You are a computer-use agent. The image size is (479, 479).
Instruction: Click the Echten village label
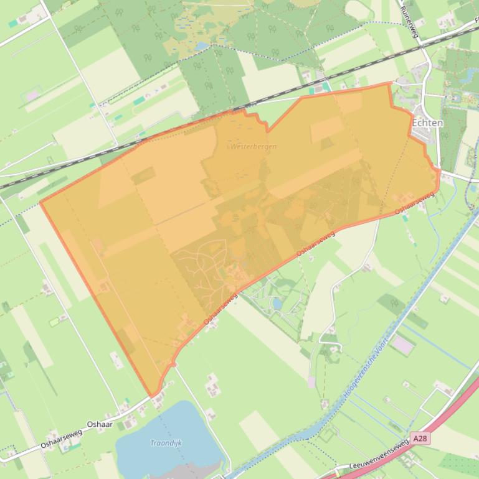(427, 123)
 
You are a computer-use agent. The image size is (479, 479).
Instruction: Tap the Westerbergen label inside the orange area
(253, 147)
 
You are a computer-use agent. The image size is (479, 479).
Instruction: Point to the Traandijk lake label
(166, 443)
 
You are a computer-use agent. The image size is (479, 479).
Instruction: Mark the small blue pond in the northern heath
(201, 46)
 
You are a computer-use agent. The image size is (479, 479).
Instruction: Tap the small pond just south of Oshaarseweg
(277, 304)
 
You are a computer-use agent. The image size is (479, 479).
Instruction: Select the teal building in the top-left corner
(13, 23)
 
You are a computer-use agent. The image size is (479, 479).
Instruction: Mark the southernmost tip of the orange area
(151, 396)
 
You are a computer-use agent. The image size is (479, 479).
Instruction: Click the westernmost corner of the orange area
(40, 202)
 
